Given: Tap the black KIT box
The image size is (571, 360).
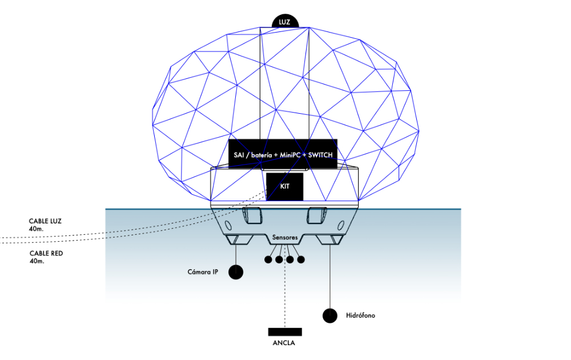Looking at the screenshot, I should tap(284, 186).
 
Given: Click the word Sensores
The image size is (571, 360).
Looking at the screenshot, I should tap(284, 236).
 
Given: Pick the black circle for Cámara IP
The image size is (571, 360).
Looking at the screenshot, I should tap(236, 272).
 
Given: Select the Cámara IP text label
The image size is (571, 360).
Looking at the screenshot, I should tap(203, 272).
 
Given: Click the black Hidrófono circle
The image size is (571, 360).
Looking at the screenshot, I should tap(329, 315).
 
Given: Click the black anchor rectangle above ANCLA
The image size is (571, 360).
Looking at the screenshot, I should tap(284, 332).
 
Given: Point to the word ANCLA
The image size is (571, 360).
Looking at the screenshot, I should tap(284, 344).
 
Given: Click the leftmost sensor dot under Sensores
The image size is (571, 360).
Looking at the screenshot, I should tap(268, 260).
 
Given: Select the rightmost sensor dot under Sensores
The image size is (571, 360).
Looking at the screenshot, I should tap(301, 260).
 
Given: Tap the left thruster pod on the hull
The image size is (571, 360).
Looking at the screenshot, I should tap(252, 216).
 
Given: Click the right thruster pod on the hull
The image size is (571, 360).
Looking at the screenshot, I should tap(316, 216).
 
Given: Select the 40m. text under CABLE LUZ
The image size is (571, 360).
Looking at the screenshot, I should tap(37, 228).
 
